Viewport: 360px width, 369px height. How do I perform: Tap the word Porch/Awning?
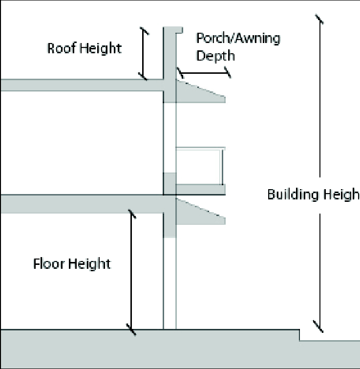click(x=238, y=39)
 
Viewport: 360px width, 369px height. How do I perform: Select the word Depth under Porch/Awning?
click(x=215, y=55)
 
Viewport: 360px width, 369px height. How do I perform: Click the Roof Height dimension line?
click(x=143, y=54)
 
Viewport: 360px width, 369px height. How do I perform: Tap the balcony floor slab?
click(x=200, y=189)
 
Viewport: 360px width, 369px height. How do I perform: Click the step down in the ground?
click(x=299, y=335)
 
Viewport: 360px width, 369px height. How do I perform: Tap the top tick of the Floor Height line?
click(x=131, y=214)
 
